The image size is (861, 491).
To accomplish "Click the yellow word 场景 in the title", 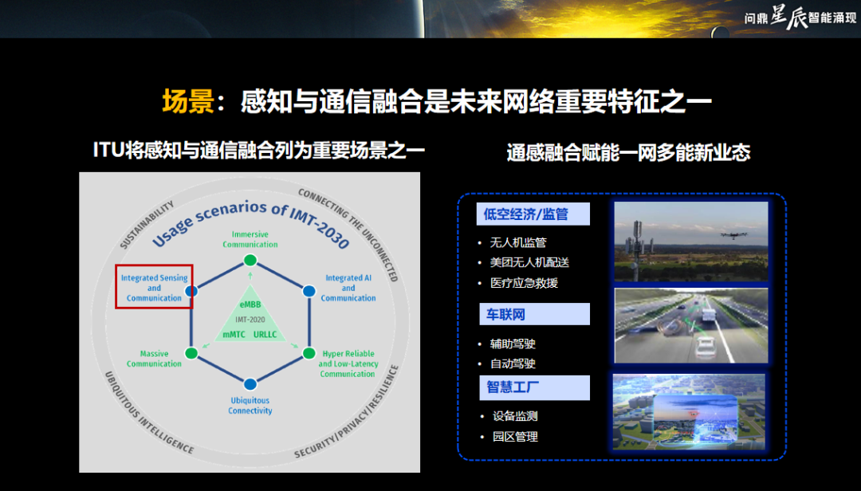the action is click(188, 101).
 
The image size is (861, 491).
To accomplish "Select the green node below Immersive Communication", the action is click(250, 260).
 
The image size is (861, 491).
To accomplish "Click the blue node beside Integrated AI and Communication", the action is click(309, 291).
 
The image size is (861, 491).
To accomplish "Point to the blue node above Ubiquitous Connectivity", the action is click(250, 384).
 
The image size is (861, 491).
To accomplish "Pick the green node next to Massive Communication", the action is click(191, 353).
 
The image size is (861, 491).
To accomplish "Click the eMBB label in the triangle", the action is click(250, 304).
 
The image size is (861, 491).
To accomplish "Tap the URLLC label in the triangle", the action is click(265, 335).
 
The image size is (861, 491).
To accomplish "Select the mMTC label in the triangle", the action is click(234, 335).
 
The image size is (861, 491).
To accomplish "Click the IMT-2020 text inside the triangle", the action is click(250, 320).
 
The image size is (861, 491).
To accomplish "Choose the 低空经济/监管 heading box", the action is click(533, 214).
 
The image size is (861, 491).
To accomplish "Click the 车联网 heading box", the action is click(534, 314).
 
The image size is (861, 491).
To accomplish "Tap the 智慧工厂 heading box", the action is click(534, 387).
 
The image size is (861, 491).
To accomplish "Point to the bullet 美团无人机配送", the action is click(529, 262).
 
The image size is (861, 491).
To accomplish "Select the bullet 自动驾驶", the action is click(513, 363).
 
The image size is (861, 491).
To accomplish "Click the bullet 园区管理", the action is click(515, 437).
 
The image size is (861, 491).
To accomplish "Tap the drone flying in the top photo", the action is click(730, 235).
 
